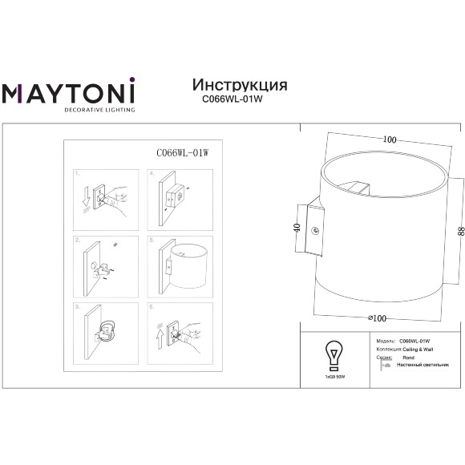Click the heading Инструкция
pos(240,85)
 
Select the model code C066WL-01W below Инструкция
pos(239,100)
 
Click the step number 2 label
pos(76,240)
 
